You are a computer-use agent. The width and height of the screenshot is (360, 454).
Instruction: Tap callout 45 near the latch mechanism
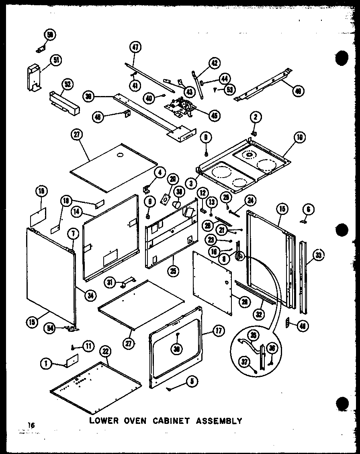[214, 115]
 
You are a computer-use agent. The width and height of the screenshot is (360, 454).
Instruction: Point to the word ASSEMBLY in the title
[219, 421]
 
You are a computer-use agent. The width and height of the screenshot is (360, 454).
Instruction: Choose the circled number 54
[49, 328]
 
